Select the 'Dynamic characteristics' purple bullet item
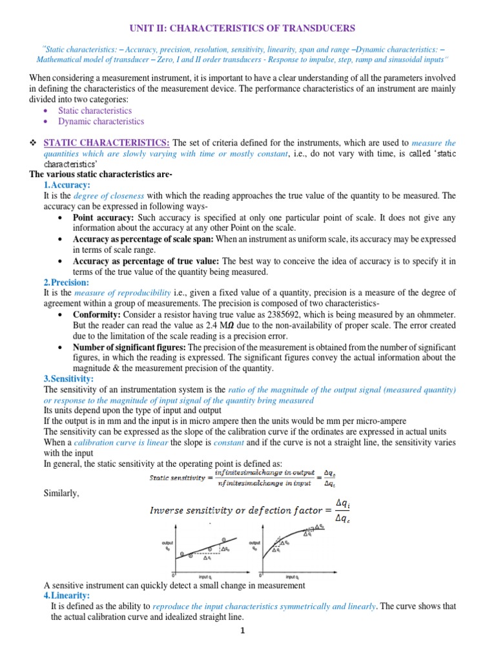pyautogui.click(x=101, y=121)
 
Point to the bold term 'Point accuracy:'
pyautogui.click(x=103, y=217)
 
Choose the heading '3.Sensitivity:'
pyautogui.click(x=68, y=379)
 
